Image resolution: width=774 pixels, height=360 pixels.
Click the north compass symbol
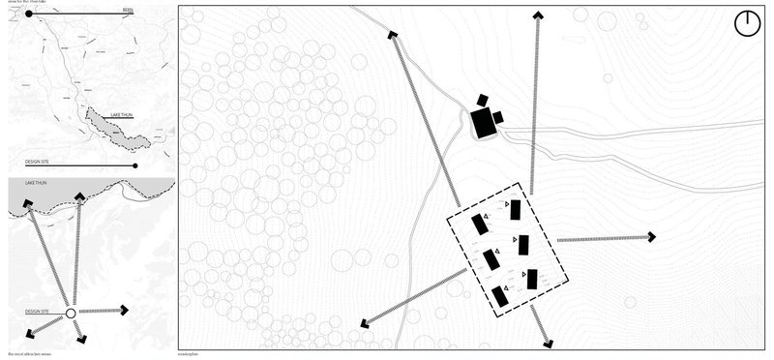[748, 23]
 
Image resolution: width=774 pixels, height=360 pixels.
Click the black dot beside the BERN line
[30, 15]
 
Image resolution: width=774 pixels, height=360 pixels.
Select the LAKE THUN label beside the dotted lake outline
[122, 114]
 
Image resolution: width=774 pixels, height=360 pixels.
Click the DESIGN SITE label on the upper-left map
[42, 161]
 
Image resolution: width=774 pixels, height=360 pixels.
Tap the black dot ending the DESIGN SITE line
[136, 165]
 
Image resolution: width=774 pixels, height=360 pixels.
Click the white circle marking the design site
[70, 313]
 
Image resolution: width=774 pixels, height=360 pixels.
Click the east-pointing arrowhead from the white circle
[124, 311]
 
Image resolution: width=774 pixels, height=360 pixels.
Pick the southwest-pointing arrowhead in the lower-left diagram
[31, 333]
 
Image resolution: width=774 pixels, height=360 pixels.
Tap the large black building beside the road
[482, 124]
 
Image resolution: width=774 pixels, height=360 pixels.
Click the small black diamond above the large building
[482, 100]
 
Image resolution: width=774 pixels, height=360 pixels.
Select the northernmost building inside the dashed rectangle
[515, 210]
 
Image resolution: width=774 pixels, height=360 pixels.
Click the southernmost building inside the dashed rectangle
[500, 296]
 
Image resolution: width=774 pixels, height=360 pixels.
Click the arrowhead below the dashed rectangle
[548, 342]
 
